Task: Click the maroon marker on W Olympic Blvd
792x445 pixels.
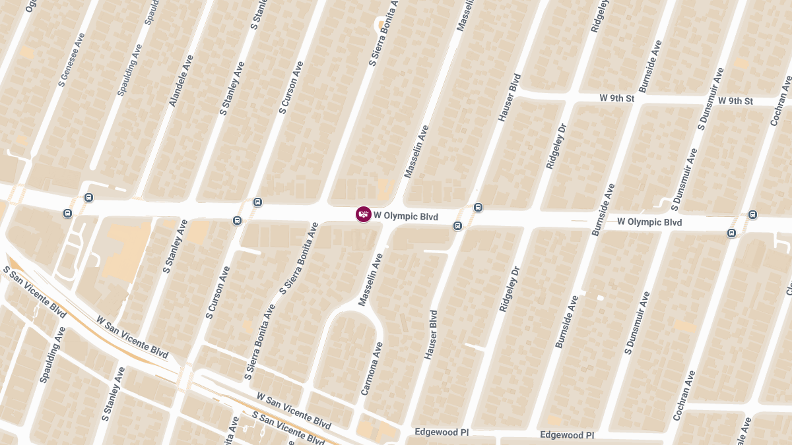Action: (x=364, y=214)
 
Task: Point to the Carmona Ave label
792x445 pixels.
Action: (x=372, y=369)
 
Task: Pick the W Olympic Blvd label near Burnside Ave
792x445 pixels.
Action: (x=649, y=222)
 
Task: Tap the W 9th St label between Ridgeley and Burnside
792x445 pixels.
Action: (x=617, y=98)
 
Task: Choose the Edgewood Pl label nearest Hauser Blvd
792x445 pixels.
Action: (x=442, y=432)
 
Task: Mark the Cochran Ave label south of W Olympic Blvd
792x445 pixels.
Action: (x=684, y=396)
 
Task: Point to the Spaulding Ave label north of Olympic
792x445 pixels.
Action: (x=129, y=70)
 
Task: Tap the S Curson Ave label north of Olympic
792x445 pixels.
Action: (x=292, y=88)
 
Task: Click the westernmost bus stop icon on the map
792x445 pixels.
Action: (x=67, y=214)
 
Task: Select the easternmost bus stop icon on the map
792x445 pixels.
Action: (x=752, y=215)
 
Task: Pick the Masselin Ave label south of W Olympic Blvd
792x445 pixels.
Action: (x=370, y=280)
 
